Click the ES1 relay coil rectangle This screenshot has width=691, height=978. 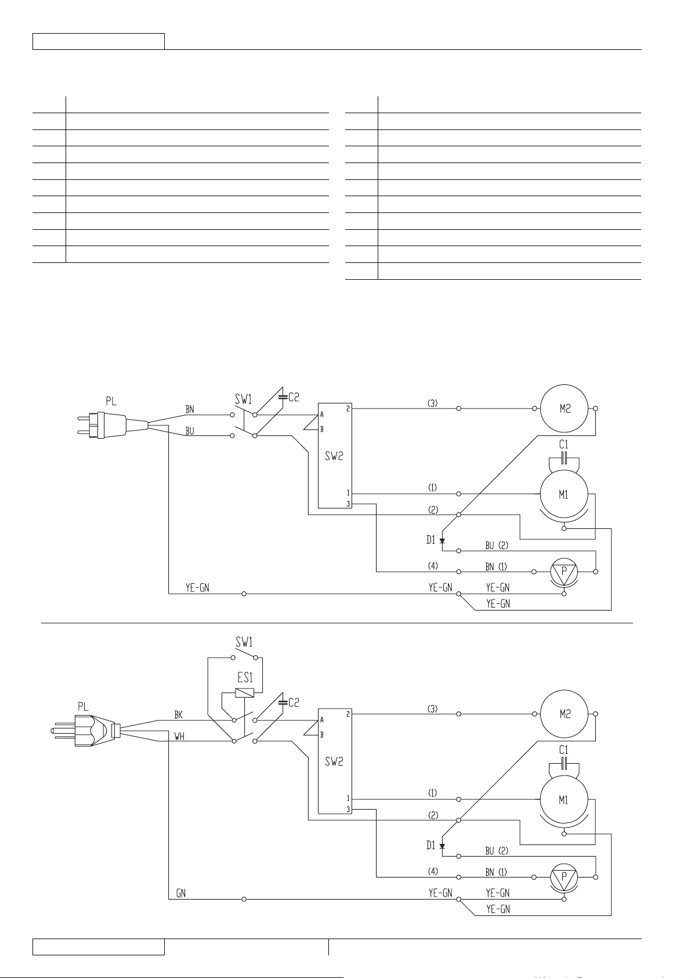(244, 692)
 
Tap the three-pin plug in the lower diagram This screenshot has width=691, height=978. (85, 730)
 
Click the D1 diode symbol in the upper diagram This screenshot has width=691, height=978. (442, 540)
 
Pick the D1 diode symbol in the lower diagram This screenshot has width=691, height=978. (442, 846)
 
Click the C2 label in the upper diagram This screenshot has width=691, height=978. (294, 398)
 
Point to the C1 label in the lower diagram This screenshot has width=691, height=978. (563, 750)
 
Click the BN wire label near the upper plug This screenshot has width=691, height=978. (190, 409)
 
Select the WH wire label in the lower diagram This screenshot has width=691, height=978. (179, 737)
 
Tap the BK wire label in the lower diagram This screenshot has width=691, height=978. (179, 714)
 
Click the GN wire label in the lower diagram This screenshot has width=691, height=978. (180, 893)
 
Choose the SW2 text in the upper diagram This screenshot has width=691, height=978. (334, 456)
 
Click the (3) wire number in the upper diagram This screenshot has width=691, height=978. (432, 403)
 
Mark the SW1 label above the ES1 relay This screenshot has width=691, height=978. (244, 642)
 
